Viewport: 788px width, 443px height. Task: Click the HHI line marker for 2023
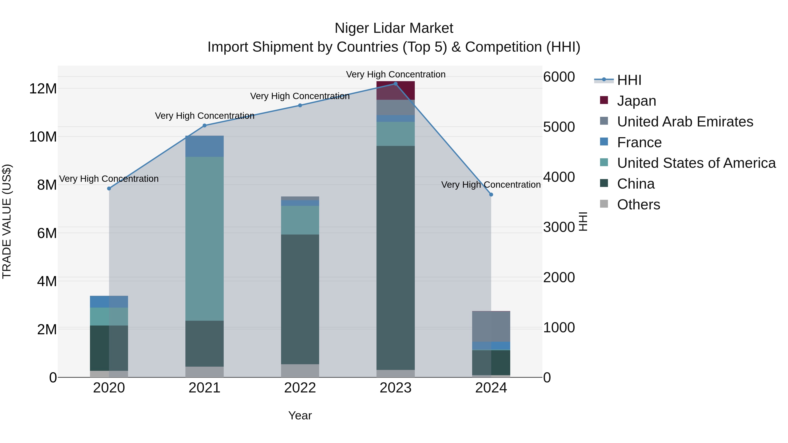395,84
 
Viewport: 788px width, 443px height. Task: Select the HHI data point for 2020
109,188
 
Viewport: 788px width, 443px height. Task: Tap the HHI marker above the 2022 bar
300,105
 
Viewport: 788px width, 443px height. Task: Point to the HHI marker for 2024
491,194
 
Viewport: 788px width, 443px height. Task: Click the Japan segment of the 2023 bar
395,91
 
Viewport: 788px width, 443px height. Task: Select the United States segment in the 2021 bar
204,238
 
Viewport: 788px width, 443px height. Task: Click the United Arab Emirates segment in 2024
491,326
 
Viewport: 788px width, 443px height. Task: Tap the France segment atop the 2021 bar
204,146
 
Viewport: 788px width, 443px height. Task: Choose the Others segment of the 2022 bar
300,371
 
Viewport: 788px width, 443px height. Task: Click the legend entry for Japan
636,101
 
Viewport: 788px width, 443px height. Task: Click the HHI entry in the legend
629,80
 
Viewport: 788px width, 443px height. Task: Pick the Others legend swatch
604,204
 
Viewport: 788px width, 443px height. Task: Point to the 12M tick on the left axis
43,89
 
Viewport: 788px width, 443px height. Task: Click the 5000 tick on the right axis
559,127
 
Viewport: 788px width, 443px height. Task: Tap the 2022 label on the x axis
300,388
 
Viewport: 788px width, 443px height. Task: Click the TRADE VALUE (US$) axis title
7,221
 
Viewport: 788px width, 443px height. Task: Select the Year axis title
300,415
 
